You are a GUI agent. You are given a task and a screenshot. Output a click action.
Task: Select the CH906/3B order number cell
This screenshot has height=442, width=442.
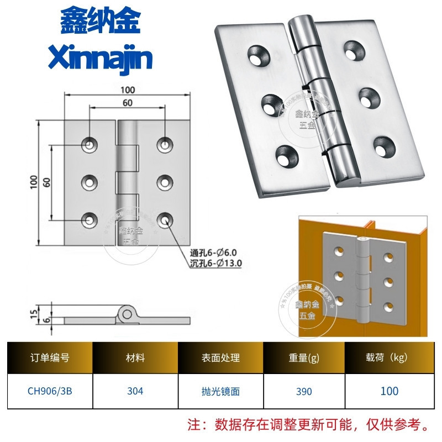pyautogui.click(x=50, y=391)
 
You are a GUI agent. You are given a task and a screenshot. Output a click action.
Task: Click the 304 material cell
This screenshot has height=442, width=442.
pyautogui.click(x=135, y=391)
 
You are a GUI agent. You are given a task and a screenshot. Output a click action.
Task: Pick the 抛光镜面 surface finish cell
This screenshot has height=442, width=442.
pyautogui.click(x=220, y=391)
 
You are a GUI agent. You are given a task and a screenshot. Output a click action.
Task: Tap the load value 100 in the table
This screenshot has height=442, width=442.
pyautogui.click(x=389, y=391)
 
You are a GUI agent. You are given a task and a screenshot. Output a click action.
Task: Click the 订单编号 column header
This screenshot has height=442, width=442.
pyautogui.click(x=50, y=358)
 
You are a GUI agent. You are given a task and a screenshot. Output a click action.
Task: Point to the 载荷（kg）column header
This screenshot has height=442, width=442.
pyautogui.click(x=389, y=358)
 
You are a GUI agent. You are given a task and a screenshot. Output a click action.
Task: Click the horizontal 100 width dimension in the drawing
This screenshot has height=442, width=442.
pyautogui.click(x=128, y=90)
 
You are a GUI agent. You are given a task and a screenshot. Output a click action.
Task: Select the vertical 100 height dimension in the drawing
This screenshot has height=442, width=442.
pyautogui.click(x=34, y=182)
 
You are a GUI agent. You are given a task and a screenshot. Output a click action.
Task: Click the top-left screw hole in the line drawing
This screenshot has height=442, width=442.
pyautogui.click(x=90, y=145)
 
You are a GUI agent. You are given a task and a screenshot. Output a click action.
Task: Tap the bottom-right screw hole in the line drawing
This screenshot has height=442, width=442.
pyautogui.click(x=165, y=220)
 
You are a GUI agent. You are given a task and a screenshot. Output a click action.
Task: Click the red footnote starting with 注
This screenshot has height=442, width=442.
pyautogui.click(x=309, y=425)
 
